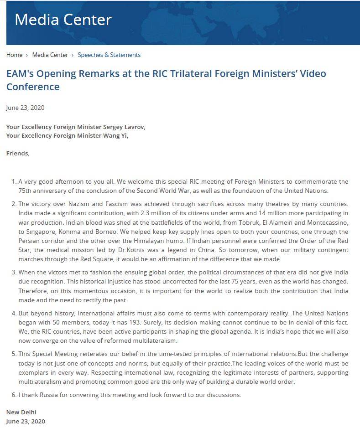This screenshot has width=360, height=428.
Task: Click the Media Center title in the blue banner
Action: tap(63, 20)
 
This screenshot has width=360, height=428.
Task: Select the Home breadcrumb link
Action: tap(14, 55)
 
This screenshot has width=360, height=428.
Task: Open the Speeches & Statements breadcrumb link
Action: tap(109, 55)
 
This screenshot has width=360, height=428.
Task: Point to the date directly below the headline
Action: tap(25, 108)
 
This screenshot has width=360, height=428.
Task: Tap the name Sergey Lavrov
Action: tap(124, 127)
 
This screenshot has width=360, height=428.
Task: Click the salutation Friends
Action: tap(18, 153)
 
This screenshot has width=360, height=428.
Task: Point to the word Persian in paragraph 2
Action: tap(30, 241)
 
